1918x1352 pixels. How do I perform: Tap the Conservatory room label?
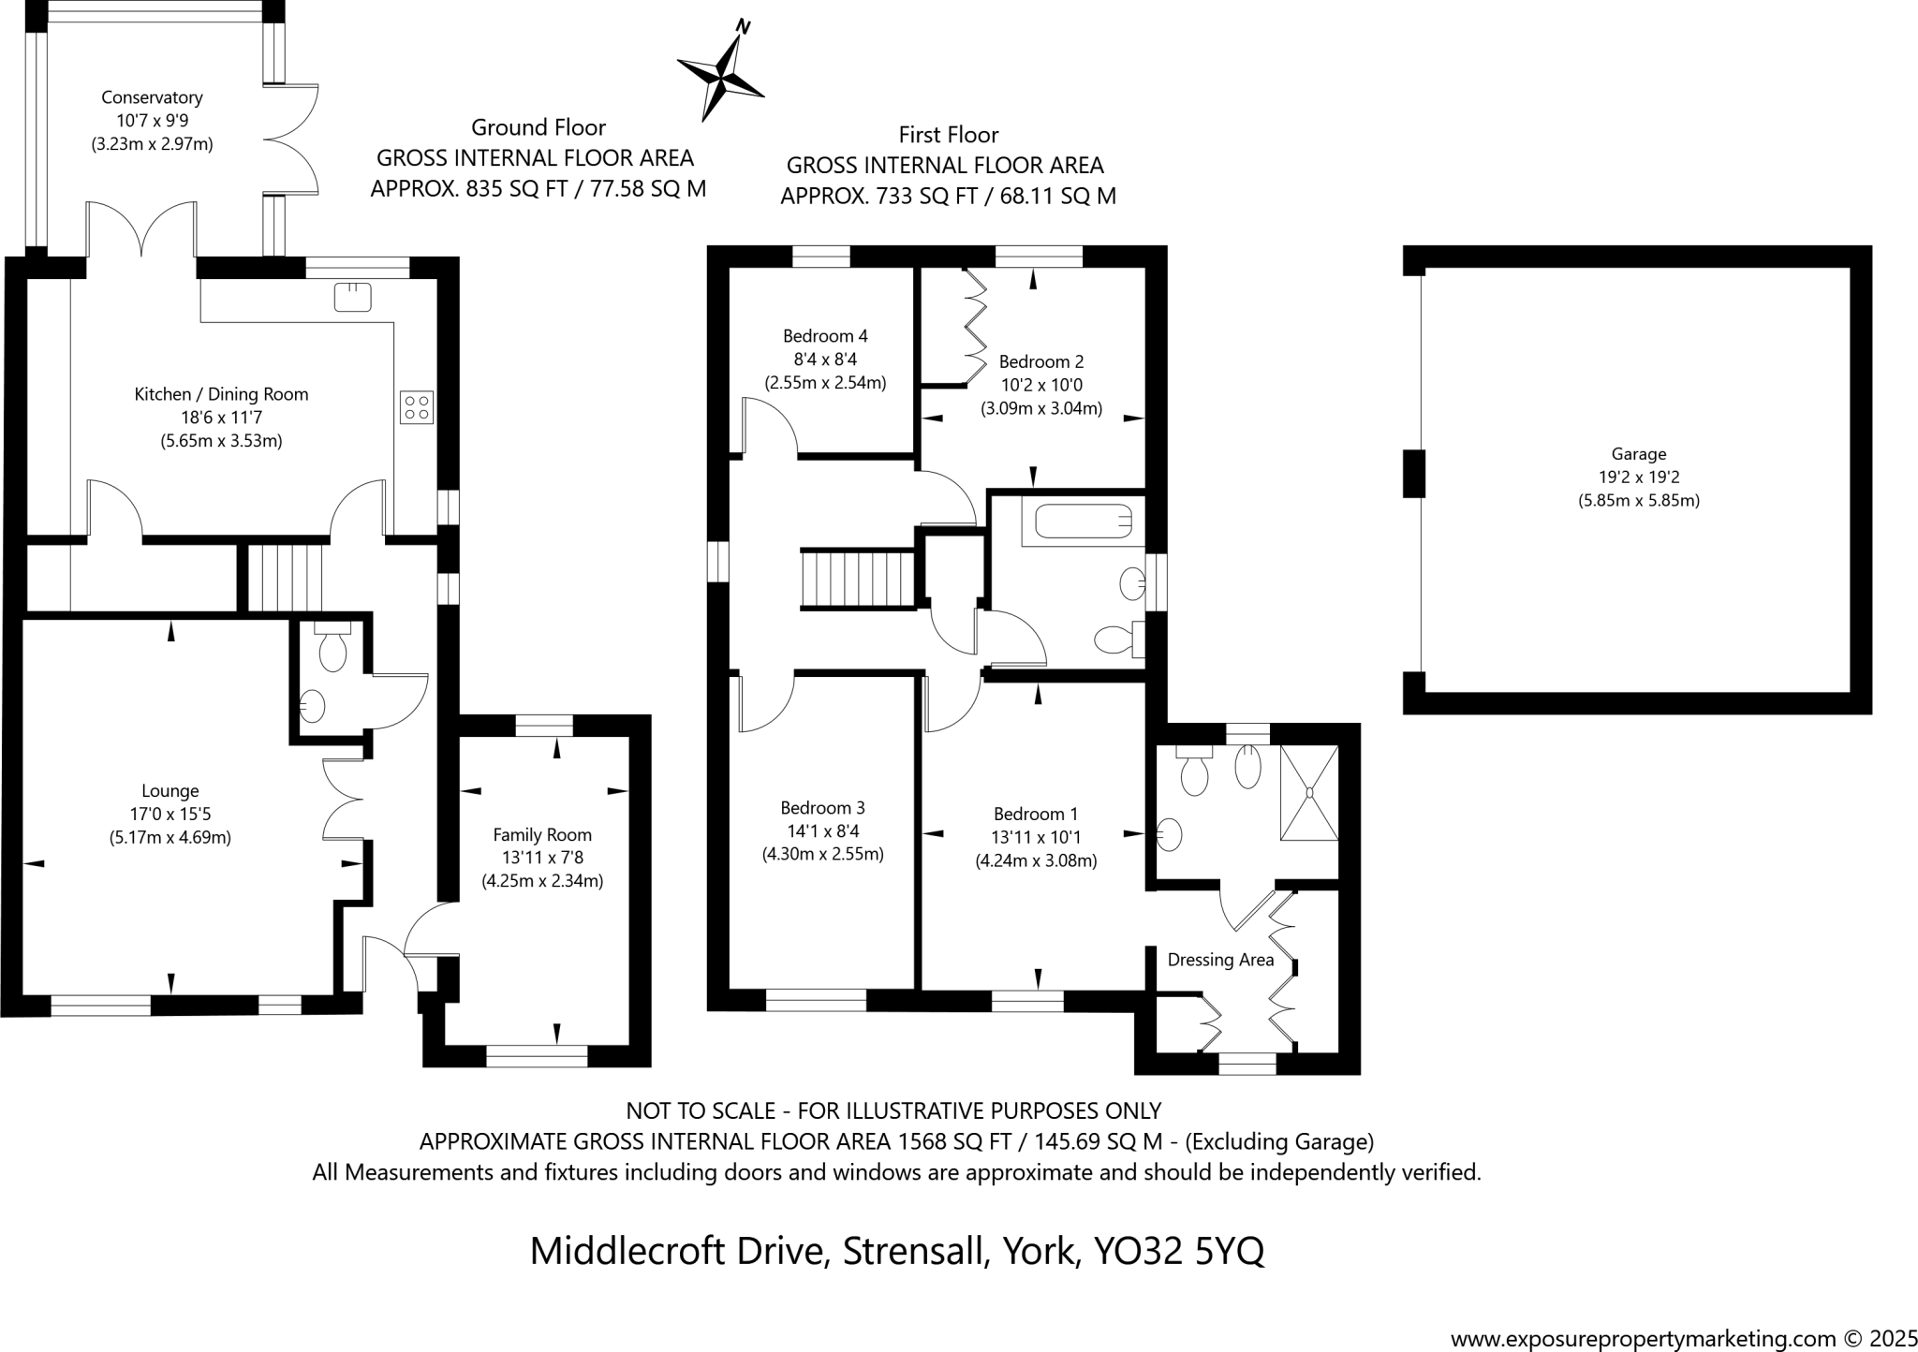point(152,97)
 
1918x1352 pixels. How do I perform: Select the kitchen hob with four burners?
point(417,406)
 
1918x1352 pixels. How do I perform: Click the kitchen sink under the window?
point(353,297)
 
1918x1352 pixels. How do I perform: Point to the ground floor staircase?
point(284,578)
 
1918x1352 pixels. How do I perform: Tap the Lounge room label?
point(170,791)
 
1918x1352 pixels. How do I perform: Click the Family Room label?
point(542,834)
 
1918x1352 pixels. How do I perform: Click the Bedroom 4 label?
point(825,335)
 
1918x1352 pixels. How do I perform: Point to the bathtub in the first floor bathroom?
point(1084,522)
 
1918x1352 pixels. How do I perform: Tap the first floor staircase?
point(857,580)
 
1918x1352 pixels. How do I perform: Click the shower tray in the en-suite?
point(1309,792)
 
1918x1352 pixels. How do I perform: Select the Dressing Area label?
point(1220,960)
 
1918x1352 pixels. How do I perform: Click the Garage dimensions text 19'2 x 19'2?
point(1639,477)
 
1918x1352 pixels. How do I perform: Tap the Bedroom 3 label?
point(822,807)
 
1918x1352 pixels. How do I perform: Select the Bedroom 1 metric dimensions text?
point(1036,860)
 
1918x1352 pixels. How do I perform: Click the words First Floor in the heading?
point(949,135)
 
